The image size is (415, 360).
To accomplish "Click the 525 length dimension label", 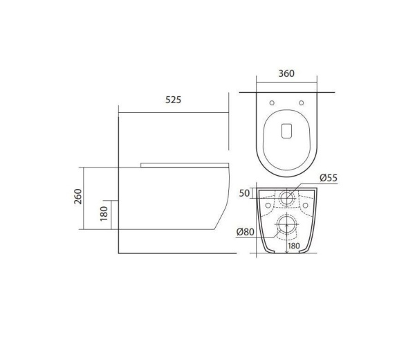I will tap(173, 100).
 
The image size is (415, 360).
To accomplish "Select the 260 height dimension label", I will tap(78, 198).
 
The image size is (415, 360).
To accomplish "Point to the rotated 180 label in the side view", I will tap(104, 213).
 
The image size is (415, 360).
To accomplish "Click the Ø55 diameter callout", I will tap(328, 179).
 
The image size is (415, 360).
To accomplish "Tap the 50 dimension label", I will tap(244, 193).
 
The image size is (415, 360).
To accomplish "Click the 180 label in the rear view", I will tap(293, 245).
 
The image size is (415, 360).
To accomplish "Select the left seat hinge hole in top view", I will tap(273, 104).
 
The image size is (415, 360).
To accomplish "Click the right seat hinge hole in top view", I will tap(302, 104).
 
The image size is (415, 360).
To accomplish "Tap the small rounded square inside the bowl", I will tap(287, 131).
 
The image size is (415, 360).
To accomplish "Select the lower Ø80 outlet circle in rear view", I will tap(286, 224).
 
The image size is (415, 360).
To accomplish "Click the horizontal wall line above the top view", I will tap(287, 92).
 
